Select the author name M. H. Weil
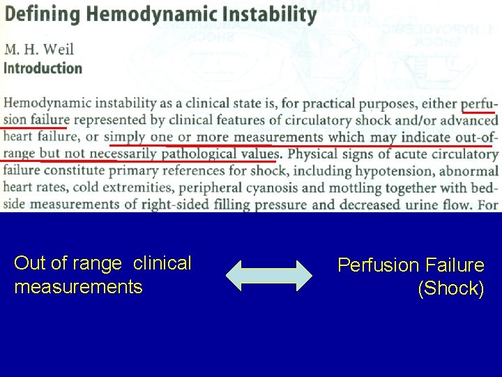39,49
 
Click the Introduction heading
43,68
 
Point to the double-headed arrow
269,274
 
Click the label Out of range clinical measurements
102,274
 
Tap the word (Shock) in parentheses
450,288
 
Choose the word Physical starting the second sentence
310,154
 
